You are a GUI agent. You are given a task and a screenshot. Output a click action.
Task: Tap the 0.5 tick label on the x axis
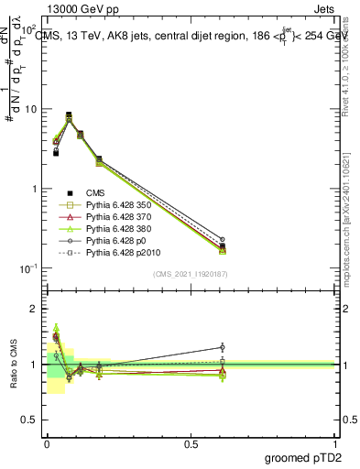click(x=191, y=443)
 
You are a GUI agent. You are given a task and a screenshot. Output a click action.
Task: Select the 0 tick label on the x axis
click(x=47, y=443)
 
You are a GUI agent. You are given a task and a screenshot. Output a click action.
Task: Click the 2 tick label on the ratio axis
click(x=33, y=309)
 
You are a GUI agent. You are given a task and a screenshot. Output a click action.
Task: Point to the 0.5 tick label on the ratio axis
click(x=29, y=420)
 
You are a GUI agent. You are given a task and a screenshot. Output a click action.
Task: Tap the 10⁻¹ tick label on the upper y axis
click(x=27, y=268)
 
